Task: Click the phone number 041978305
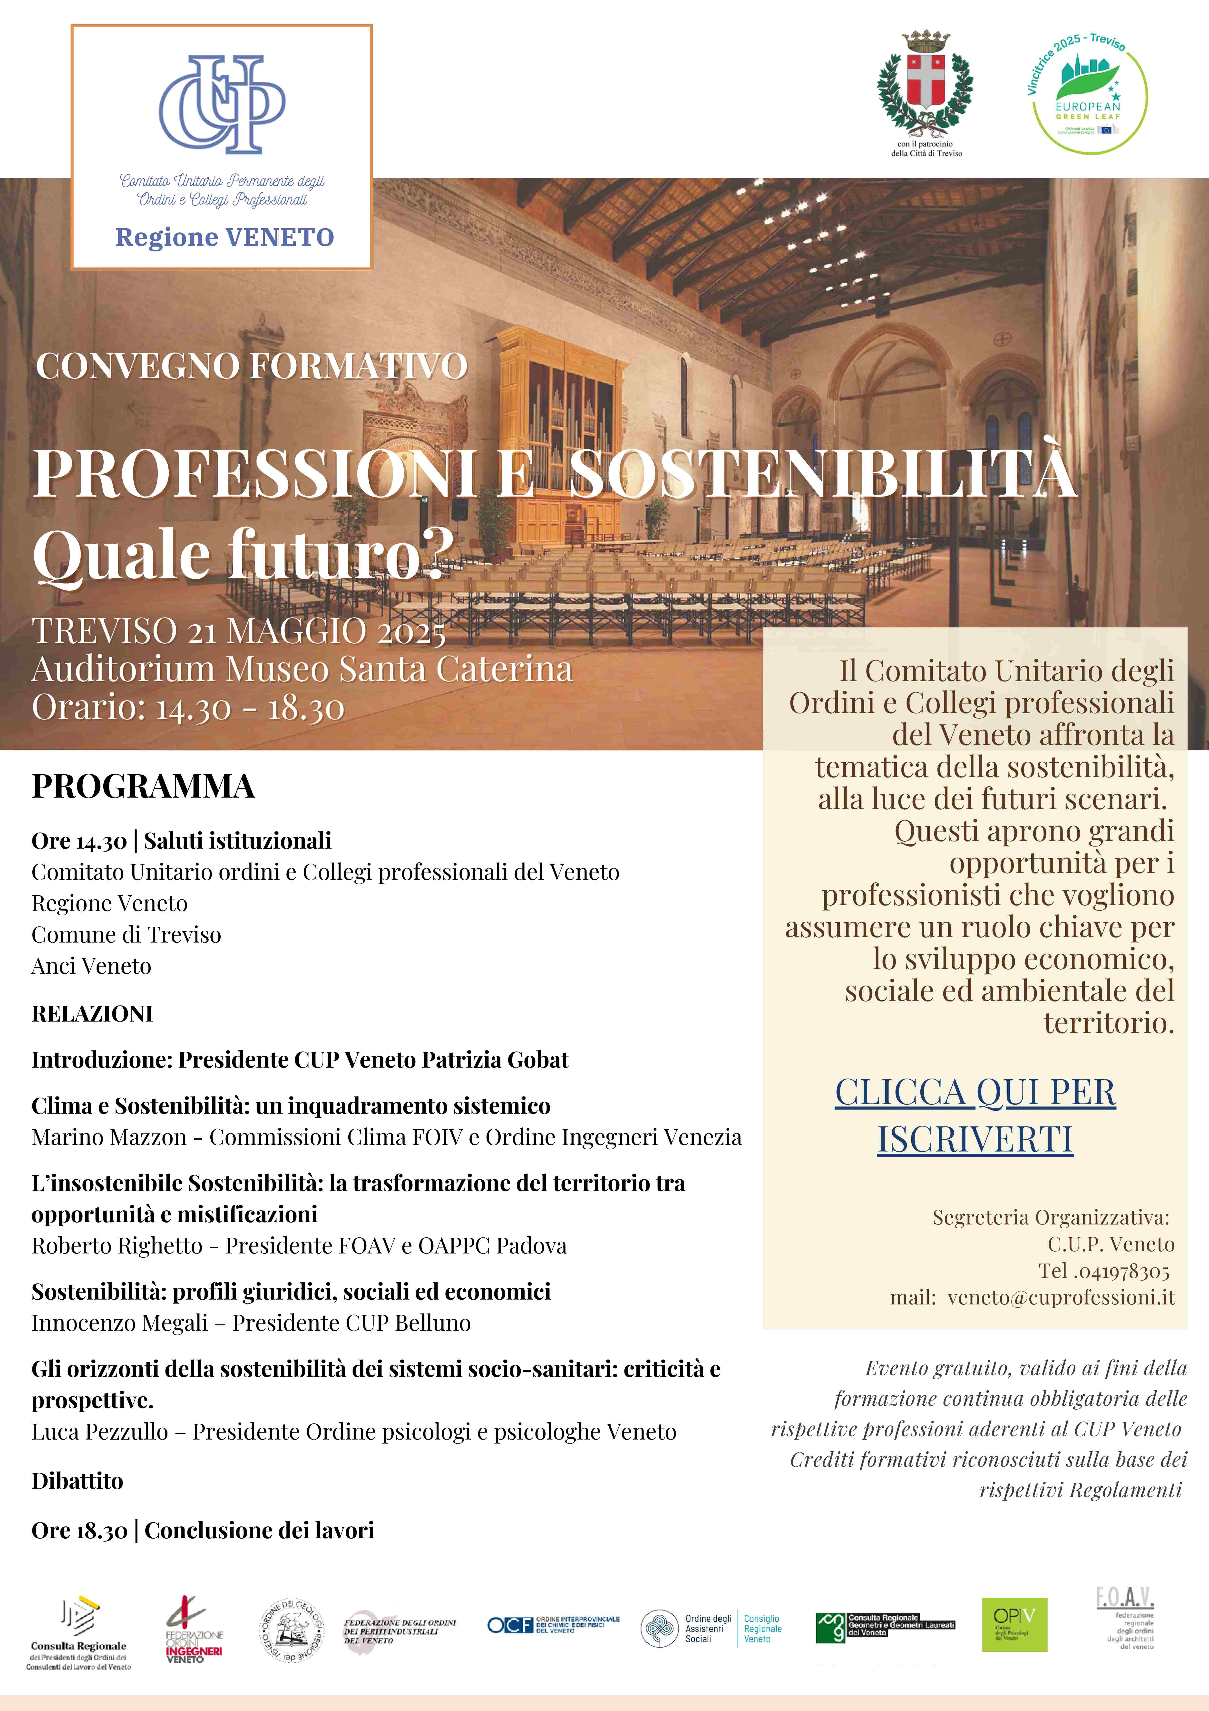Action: (1112, 1271)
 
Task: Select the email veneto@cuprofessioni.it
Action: (1061, 1297)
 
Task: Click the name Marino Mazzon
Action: (109, 1137)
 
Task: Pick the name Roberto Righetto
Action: (117, 1245)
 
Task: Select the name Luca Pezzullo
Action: (100, 1432)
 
